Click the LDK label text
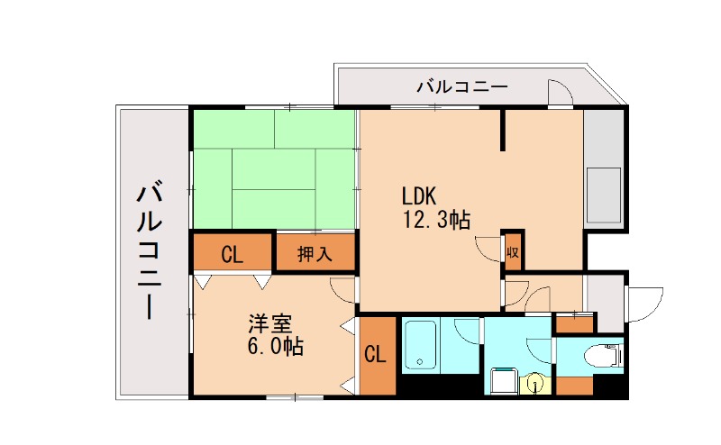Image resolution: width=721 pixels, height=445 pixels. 419,195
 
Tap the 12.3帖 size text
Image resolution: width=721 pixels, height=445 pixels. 436,219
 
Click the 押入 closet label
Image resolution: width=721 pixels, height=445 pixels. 315,254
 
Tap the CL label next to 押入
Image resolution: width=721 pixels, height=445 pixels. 232,254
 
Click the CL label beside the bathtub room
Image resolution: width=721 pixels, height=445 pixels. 376,355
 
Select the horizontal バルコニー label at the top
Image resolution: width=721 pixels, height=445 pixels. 461,88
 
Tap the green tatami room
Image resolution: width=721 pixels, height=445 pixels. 274,170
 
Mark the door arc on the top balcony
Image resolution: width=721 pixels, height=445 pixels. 560,94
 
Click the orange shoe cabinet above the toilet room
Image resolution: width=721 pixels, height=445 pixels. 573,322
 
